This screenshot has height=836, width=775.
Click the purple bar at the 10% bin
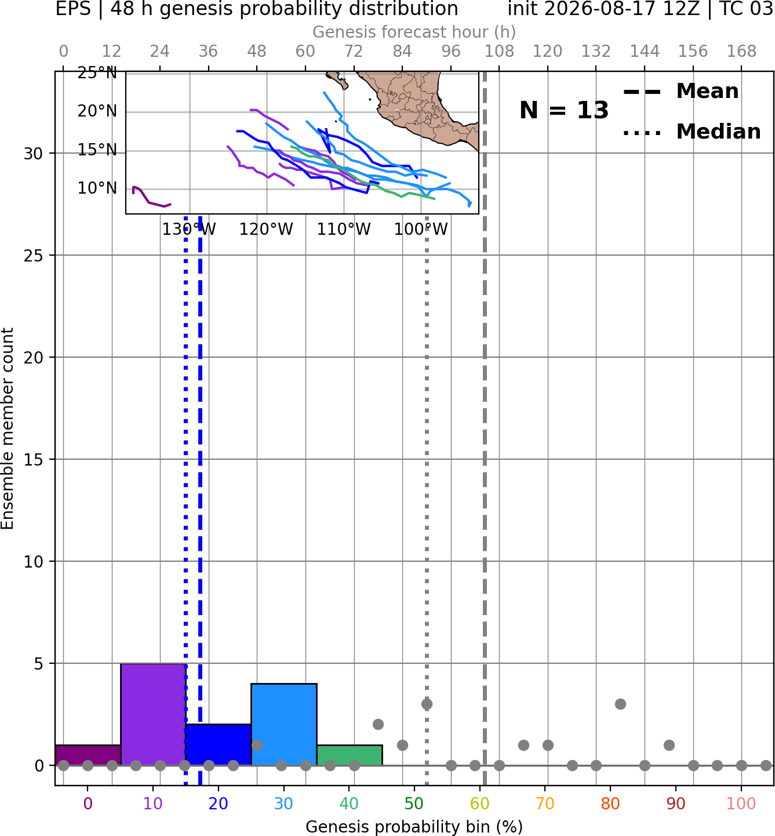153,714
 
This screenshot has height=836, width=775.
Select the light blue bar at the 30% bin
283,725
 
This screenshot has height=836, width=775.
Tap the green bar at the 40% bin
350,755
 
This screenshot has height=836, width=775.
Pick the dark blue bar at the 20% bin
219,745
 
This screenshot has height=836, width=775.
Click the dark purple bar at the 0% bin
88,755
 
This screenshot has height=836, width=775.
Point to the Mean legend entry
681,92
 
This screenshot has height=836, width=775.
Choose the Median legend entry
692,132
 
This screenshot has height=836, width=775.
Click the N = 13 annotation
563,110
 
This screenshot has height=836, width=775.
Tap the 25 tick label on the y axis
34,256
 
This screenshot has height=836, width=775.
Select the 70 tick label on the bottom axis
545,804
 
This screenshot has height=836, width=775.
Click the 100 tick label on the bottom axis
741,804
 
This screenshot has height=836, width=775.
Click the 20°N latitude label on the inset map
97,111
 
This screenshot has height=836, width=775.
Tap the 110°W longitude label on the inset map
344,230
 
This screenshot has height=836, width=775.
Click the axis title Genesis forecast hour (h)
414,32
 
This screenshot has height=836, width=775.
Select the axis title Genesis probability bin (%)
414,827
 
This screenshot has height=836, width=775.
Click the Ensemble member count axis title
7,428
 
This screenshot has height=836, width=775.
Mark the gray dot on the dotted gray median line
427,704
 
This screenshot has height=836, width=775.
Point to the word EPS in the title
73,9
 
